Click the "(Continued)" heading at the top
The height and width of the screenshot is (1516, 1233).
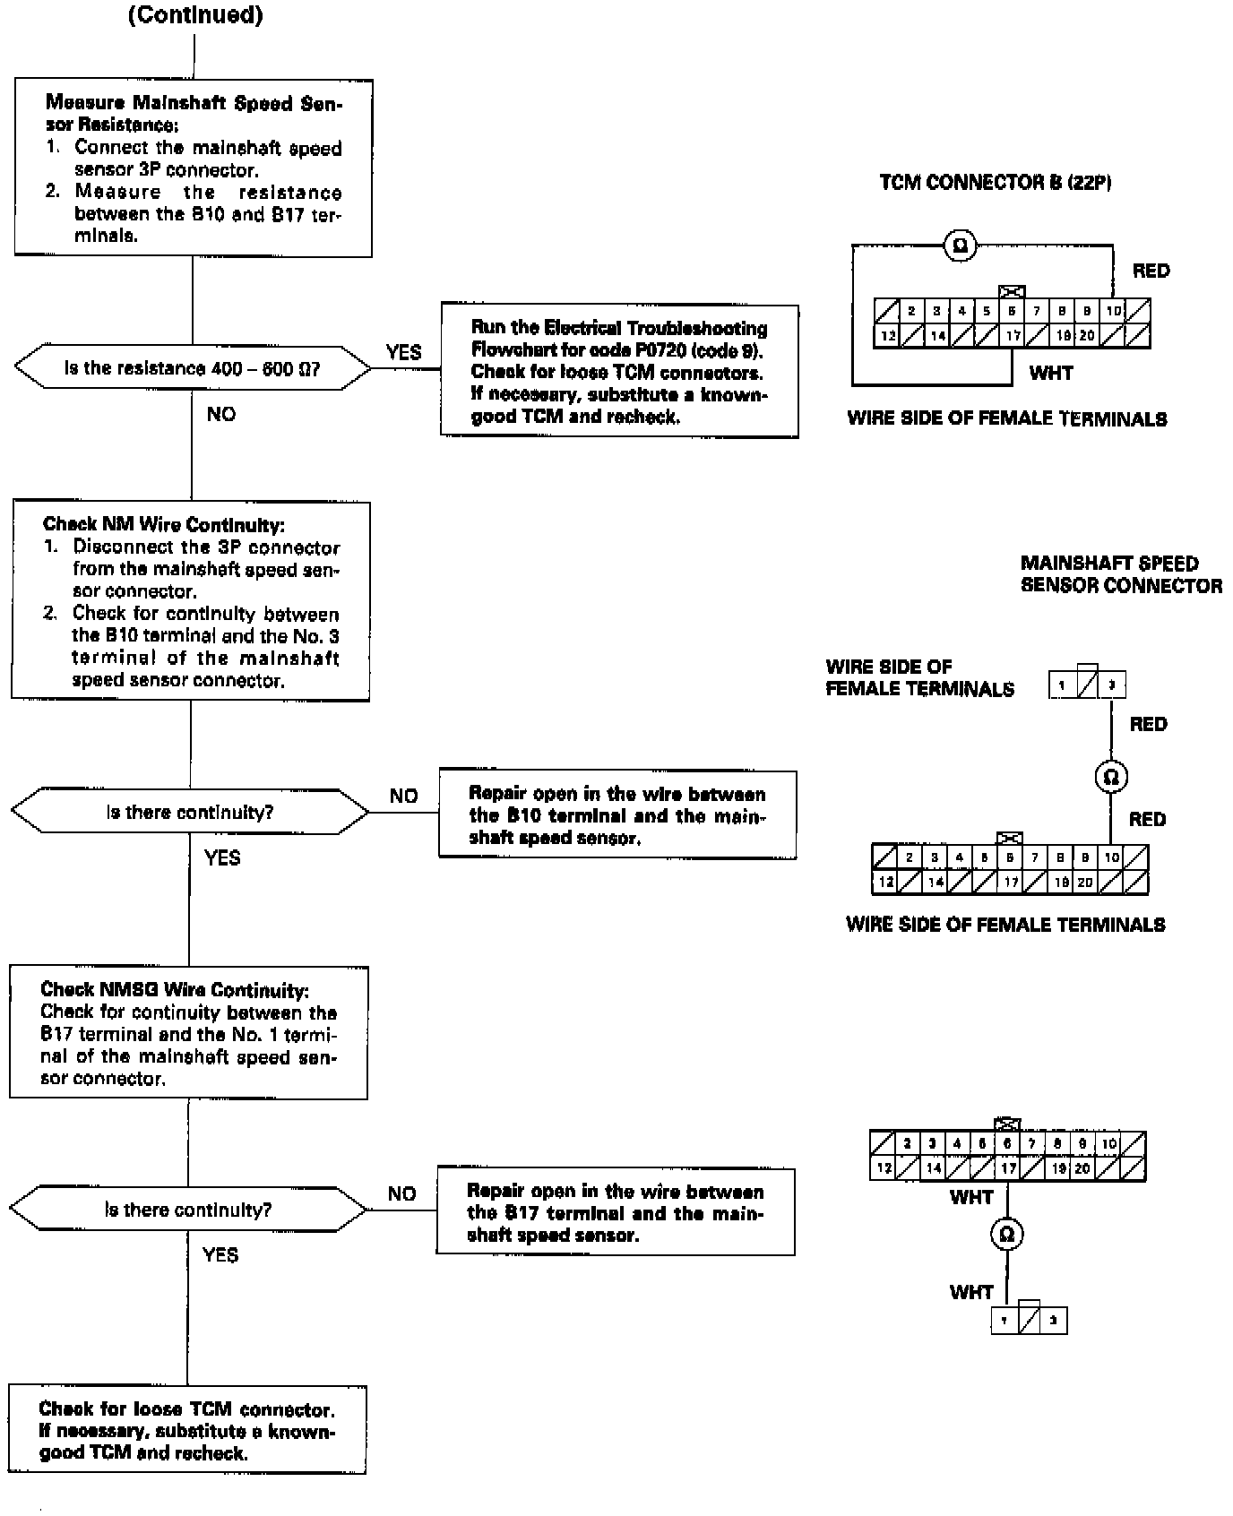tap(195, 16)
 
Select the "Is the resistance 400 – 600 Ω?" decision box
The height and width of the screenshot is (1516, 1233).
tap(193, 368)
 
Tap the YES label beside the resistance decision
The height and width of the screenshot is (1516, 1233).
tap(403, 352)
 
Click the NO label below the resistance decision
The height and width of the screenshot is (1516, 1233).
tap(220, 414)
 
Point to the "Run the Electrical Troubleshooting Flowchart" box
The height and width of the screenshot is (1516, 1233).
tap(619, 372)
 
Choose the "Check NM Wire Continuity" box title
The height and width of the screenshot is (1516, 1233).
tap(164, 525)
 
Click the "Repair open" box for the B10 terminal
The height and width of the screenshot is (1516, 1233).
tap(617, 815)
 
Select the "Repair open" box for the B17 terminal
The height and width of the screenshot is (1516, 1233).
tap(616, 1212)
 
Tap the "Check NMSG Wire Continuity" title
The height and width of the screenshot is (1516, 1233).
tap(175, 990)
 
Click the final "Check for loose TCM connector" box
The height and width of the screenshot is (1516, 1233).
tap(187, 1431)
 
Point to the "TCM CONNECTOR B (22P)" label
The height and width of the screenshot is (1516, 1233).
tap(996, 183)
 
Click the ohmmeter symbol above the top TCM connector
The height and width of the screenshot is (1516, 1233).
tap(961, 245)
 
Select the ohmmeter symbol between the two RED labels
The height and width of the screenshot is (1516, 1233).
tap(1111, 776)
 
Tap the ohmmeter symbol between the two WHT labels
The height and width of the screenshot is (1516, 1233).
tap(1006, 1235)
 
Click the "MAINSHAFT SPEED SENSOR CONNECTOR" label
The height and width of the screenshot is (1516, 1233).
tap(1121, 574)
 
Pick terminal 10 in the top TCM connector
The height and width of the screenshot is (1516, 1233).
tap(1113, 311)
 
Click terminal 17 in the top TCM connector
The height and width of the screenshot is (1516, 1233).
tap(1013, 336)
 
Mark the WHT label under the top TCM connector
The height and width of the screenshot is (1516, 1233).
tap(1051, 373)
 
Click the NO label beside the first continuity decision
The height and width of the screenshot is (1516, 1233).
tap(403, 797)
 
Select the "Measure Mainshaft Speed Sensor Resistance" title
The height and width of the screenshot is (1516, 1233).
tap(194, 113)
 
